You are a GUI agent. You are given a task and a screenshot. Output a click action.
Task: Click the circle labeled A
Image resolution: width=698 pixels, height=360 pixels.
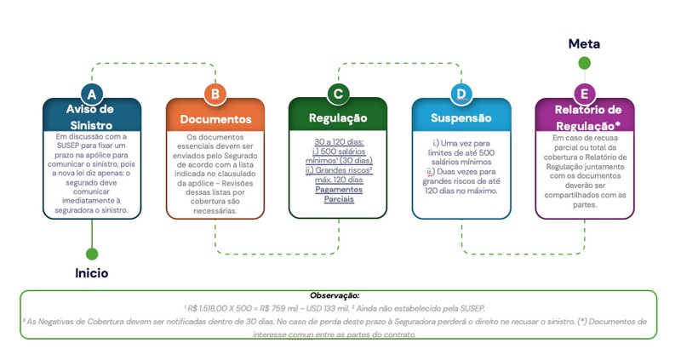click(91, 94)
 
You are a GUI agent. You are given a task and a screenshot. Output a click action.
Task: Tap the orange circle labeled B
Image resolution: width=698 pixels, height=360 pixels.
click(215, 94)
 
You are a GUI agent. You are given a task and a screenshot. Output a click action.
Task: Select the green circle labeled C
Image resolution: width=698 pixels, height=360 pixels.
click(338, 94)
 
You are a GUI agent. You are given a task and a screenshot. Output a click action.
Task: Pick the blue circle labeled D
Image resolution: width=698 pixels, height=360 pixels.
click(461, 94)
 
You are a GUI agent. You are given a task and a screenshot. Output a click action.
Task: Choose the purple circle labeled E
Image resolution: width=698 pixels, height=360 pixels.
click(584, 94)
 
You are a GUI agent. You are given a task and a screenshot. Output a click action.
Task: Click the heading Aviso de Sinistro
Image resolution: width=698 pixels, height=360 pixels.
click(91, 116)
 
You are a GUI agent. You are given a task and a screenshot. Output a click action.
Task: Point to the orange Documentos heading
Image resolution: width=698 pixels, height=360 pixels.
click(215, 119)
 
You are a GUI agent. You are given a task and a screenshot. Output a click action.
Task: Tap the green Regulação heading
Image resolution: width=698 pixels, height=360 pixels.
click(338, 118)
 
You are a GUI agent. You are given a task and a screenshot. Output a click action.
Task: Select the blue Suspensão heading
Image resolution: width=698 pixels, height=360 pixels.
click(461, 118)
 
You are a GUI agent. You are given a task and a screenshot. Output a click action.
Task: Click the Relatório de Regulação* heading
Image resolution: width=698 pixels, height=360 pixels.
click(588, 117)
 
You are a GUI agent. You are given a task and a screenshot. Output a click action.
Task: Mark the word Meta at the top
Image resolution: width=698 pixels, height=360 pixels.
click(584, 43)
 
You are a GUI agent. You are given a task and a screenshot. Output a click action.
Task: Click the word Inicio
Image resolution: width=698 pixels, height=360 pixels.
click(91, 273)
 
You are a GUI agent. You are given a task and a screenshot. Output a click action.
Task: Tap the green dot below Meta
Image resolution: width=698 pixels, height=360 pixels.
click(584, 62)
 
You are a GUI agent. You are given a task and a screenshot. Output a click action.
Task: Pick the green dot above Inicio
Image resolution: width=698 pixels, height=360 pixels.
click(91, 253)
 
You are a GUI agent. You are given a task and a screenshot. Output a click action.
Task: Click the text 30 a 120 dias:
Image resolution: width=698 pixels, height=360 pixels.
click(338, 142)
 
